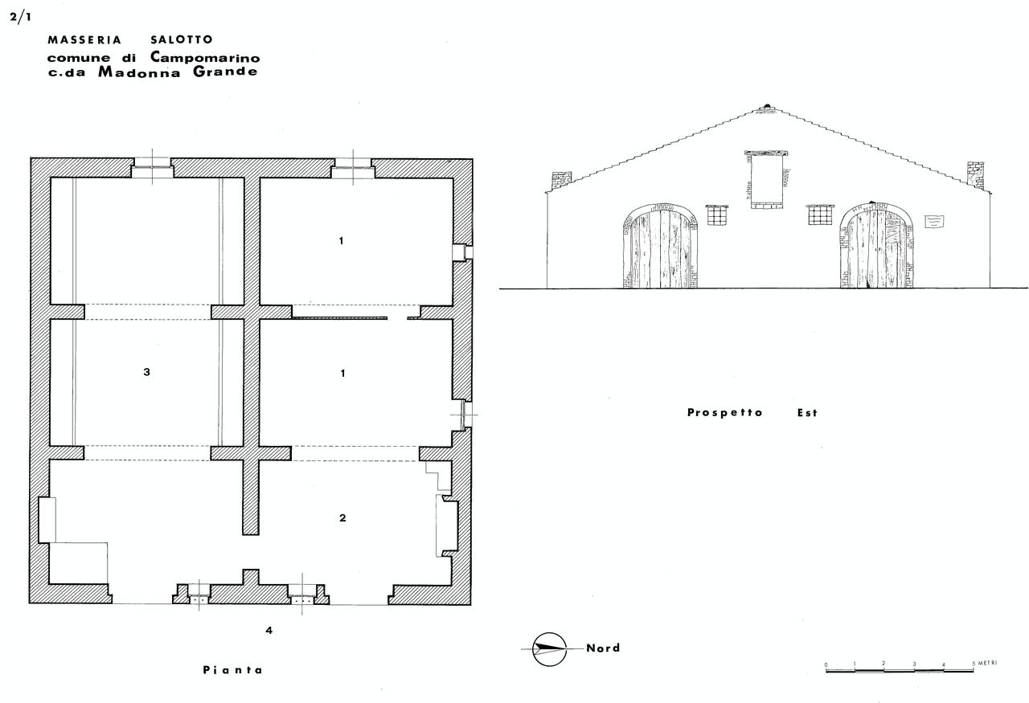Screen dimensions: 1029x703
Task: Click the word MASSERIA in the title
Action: [84, 40]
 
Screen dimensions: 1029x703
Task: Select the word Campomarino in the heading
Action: [205, 57]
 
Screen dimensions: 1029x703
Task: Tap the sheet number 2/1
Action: [20, 18]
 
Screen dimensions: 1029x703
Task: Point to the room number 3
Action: [146, 372]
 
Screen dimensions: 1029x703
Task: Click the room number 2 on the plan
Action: [342, 518]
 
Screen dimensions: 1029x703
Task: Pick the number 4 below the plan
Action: [269, 631]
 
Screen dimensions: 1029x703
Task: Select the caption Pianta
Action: [232, 670]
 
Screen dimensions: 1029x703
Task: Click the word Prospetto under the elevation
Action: [725, 412]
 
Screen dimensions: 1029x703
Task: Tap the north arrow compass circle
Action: [549, 649]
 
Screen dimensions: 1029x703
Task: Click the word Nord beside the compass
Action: [603, 648]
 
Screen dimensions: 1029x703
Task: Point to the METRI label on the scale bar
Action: [987, 663]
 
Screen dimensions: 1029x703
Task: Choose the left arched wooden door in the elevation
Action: [660, 246]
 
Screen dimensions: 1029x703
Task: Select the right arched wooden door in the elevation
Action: [876, 246]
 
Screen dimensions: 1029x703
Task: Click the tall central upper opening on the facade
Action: [766, 179]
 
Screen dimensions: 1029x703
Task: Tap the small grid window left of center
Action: [717, 215]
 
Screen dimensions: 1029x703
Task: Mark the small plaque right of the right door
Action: [934, 221]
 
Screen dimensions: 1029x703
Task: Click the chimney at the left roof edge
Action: [561, 181]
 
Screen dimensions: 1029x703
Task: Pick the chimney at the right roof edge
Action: [975, 174]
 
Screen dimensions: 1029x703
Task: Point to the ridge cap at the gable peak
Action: [767, 108]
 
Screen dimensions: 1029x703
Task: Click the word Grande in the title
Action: [225, 72]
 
